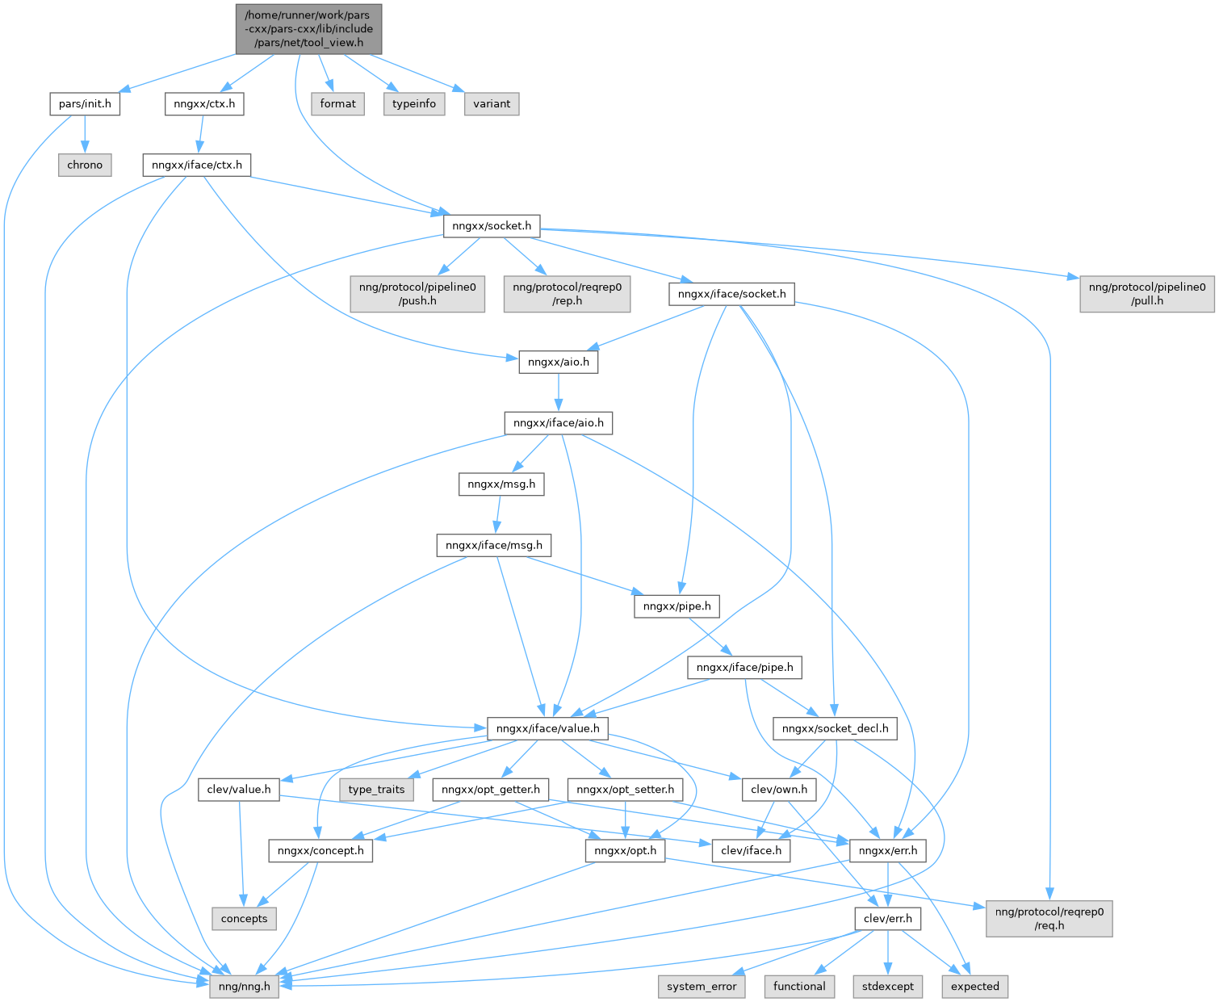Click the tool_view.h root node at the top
click(x=308, y=29)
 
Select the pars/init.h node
click(x=85, y=104)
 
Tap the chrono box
click(x=85, y=165)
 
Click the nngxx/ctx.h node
click(x=204, y=104)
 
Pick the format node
click(x=337, y=104)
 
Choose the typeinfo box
click(x=414, y=104)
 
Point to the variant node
click(x=492, y=104)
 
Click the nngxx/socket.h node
click(x=492, y=226)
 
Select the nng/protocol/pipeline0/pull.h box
click(x=1146, y=294)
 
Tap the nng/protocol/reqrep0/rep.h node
click(x=568, y=294)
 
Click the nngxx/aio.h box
click(x=559, y=363)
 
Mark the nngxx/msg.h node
click(x=501, y=484)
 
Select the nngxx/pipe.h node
click(x=677, y=606)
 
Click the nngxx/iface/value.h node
click(x=548, y=728)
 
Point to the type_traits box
click(x=376, y=790)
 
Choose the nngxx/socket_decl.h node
click(x=835, y=728)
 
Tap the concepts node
click(x=245, y=919)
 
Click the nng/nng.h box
click(x=245, y=986)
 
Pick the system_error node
click(x=702, y=986)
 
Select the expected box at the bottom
click(x=974, y=986)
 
